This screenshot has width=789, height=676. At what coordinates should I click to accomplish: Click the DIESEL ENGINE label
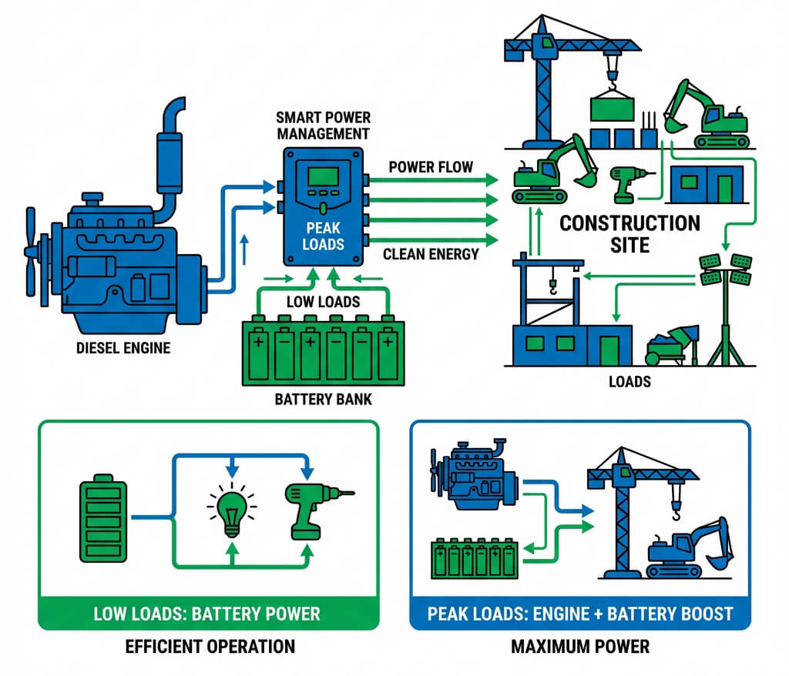coord(123,348)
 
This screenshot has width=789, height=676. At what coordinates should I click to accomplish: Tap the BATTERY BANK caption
coord(323,400)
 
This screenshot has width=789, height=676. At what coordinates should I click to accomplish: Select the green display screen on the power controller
coord(323,176)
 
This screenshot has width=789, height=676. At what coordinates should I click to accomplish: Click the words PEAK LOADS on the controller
coord(323,236)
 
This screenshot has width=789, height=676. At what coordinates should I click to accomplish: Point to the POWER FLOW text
coord(431,167)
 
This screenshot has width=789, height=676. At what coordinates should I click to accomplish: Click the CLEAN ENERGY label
coord(431,255)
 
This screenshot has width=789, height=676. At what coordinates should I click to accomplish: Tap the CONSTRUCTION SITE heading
coord(630,234)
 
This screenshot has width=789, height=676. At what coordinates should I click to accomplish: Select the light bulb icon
coord(232,509)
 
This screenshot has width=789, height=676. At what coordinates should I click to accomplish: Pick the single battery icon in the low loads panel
coord(103,518)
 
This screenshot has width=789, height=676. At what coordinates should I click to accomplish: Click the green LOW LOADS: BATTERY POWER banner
coord(208,613)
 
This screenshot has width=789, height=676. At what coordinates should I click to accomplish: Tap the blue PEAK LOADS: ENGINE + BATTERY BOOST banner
coord(580,613)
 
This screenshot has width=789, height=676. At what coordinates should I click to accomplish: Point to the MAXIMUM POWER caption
coord(580,646)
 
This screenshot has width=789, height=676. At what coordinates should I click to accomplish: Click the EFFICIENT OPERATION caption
coord(210,646)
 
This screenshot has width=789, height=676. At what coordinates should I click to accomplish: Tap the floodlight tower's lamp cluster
coord(725,269)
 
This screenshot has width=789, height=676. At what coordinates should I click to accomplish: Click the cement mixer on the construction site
coord(672,344)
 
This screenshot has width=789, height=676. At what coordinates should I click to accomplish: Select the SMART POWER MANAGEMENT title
coord(323,125)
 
